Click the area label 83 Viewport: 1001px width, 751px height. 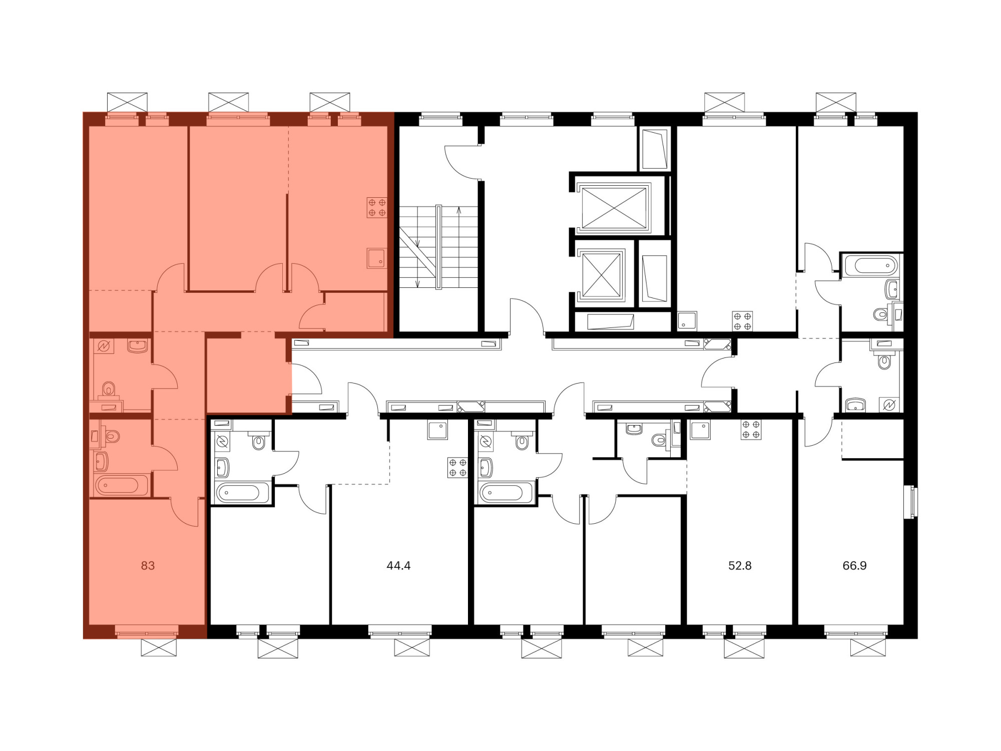pos(148,566)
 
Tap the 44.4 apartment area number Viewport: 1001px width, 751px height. pos(398,566)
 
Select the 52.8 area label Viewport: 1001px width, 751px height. pos(740,566)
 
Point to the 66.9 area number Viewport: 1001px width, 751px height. pos(854,566)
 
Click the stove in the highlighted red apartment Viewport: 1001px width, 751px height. pos(377,207)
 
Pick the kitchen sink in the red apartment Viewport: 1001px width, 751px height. pos(376,258)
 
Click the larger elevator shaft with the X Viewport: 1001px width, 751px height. pos(614,208)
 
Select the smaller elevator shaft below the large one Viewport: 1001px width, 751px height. pos(602,275)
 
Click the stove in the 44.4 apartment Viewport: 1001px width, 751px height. pos(457,468)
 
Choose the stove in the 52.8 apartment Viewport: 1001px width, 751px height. pos(751,430)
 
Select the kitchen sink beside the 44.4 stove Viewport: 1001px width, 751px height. pos(437,430)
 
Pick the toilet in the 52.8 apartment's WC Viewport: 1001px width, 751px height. pos(660,440)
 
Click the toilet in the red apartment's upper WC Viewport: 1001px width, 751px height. pos(109,389)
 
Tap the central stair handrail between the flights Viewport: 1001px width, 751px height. pos(438,247)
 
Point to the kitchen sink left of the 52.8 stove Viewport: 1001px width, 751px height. pos(700,429)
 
